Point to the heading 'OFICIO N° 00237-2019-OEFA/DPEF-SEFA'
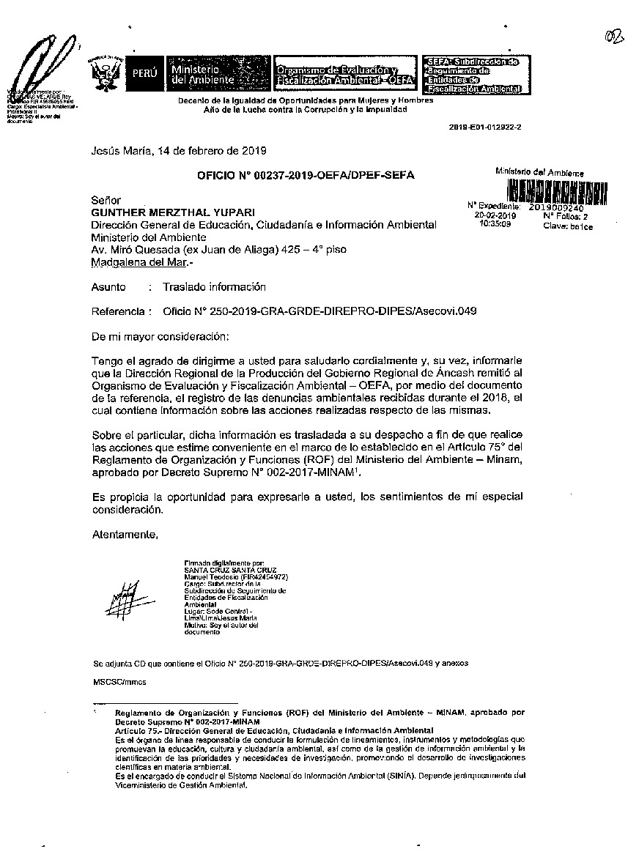[x=306, y=175]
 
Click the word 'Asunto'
[x=108, y=287]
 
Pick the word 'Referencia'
[x=117, y=311]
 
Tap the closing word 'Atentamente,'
[x=125, y=535]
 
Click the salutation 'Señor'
[x=106, y=200]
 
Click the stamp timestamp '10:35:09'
[x=495, y=224]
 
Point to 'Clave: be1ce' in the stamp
[x=568, y=226]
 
